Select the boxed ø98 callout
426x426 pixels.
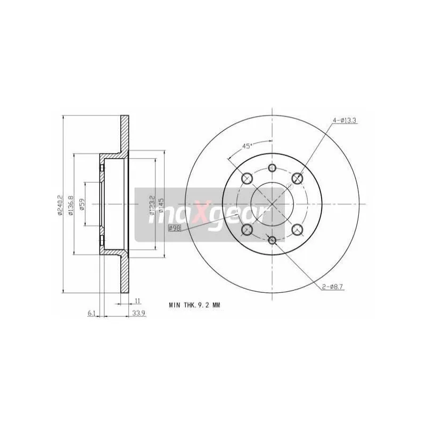[174, 228]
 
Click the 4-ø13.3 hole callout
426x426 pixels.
[345, 121]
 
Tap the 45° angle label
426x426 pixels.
[247, 145]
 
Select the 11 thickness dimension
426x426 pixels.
[137, 301]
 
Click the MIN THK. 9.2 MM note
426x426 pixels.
[194, 305]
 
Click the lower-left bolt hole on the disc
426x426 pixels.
[247, 229]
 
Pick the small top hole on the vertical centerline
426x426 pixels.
[272, 168]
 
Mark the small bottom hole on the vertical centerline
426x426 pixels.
[272, 240]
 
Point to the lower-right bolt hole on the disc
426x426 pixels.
[298, 229]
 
